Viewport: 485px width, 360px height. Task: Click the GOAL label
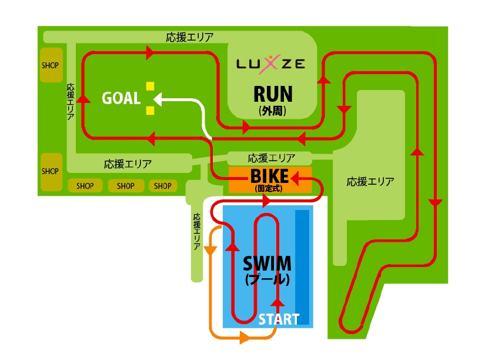(x=121, y=98)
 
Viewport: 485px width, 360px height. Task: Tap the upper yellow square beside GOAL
(x=150, y=86)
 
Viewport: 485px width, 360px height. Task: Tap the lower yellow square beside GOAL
(x=150, y=110)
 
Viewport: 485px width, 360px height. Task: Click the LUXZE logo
(x=271, y=63)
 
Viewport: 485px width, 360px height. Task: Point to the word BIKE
(x=269, y=176)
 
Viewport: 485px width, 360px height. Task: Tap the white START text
(x=279, y=319)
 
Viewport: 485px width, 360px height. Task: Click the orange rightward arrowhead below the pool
(x=243, y=338)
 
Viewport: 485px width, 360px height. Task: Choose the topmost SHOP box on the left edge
(x=50, y=65)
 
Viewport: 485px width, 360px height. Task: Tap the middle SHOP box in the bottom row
(x=125, y=186)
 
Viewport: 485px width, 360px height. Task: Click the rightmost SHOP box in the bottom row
(x=163, y=186)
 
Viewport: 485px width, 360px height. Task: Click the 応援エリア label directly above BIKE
(x=271, y=158)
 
